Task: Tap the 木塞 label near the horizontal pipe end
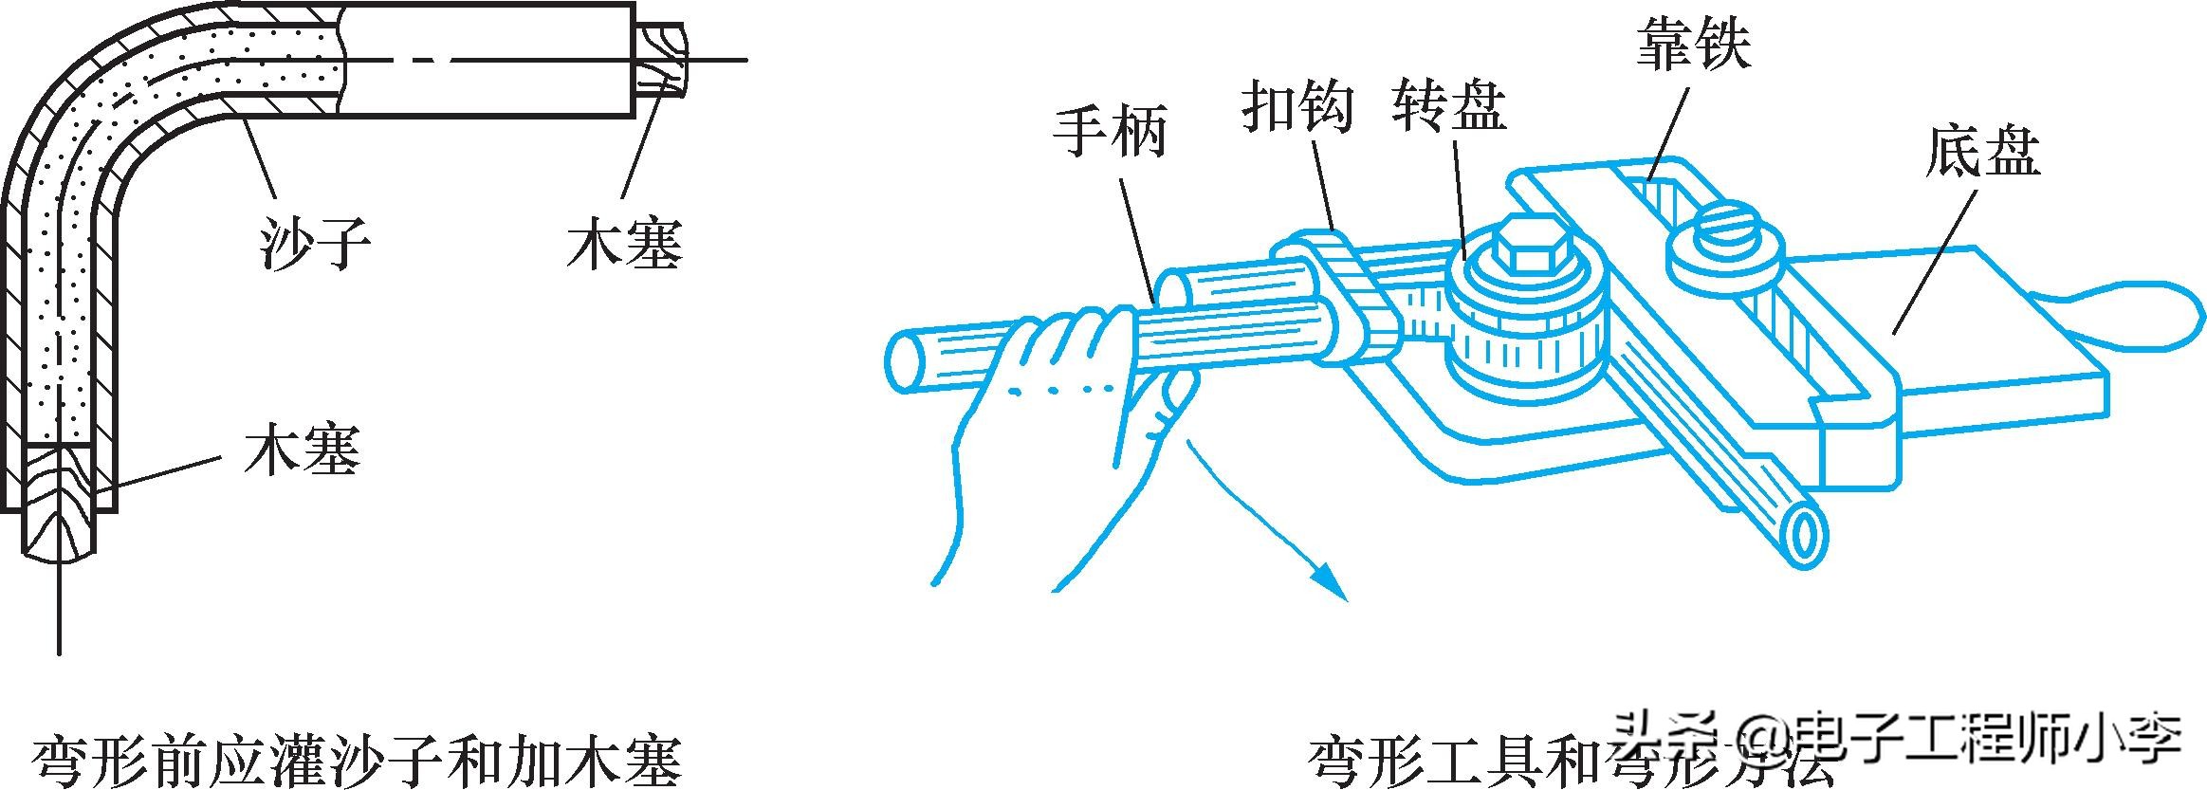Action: (625, 244)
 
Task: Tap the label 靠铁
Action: (1693, 44)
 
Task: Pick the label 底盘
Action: (1982, 153)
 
